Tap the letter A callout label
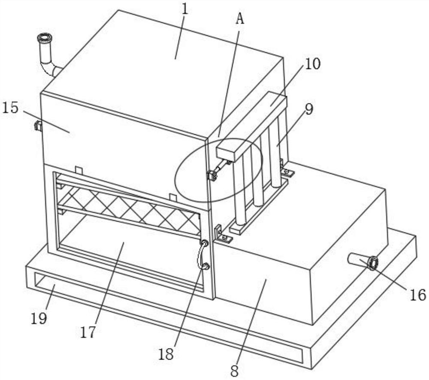pyautogui.click(x=240, y=18)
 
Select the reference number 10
pyautogui.click(x=312, y=64)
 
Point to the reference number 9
pyautogui.click(x=309, y=109)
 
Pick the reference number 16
pyautogui.click(x=418, y=295)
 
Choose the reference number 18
pyautogui.click(x=166, y=355)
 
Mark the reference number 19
pyautogui.click(x=39, y=318)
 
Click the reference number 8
pyautogui.click(x=235, y=371)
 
